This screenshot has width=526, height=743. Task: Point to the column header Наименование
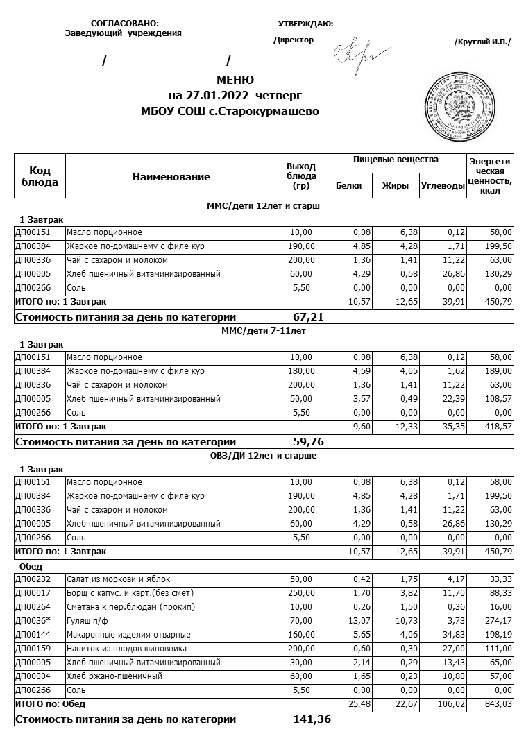(171, 177)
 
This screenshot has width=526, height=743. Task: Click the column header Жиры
(396, 186)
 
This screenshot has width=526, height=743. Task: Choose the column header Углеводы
(443, 186)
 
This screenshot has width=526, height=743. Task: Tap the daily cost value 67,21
(309, 317)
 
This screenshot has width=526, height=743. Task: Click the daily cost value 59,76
(309, 442)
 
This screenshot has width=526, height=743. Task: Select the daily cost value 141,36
(312, 719)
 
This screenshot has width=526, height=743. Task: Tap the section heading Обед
(31, 566)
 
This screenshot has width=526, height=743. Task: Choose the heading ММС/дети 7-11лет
(263, 331)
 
